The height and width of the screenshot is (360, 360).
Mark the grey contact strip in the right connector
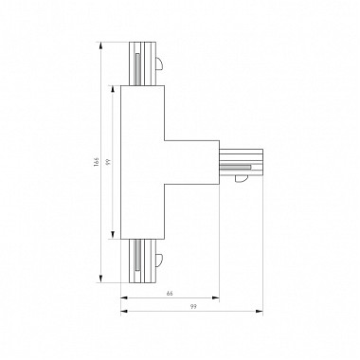(x=238, y=168)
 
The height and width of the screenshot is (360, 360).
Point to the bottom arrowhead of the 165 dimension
(x=102, y=281)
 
